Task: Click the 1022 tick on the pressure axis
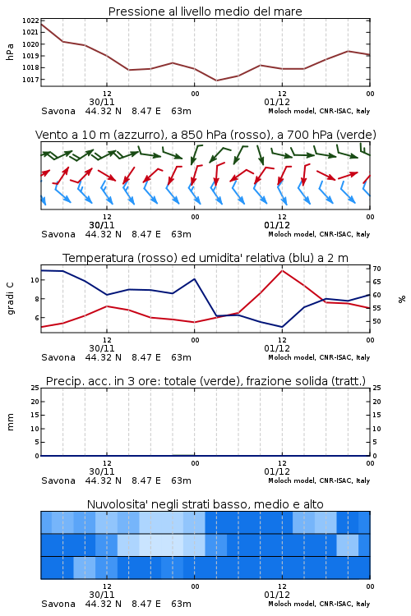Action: coord(30,21)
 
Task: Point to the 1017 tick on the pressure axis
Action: coord(30,80)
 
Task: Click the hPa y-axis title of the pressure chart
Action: coord(10,52)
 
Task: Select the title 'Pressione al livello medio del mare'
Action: coord(205,11)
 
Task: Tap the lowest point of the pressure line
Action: coord(216,80)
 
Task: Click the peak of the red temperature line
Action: coord(282,270)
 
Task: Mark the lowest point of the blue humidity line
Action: coord(282,327)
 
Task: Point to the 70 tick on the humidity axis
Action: coord(376,269)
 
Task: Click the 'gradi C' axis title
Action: coord(10,298)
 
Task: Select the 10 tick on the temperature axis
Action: coord(35,280)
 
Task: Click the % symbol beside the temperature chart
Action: coord(402,299)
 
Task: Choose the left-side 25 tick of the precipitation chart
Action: coord(35,388)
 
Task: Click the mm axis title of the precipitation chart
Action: coord(10,422)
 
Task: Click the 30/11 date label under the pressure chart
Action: coord(102,102)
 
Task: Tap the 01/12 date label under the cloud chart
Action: coord(277,595)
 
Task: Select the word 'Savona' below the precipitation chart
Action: coord(58,480)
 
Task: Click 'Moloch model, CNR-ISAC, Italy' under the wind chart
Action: coord(319,234)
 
